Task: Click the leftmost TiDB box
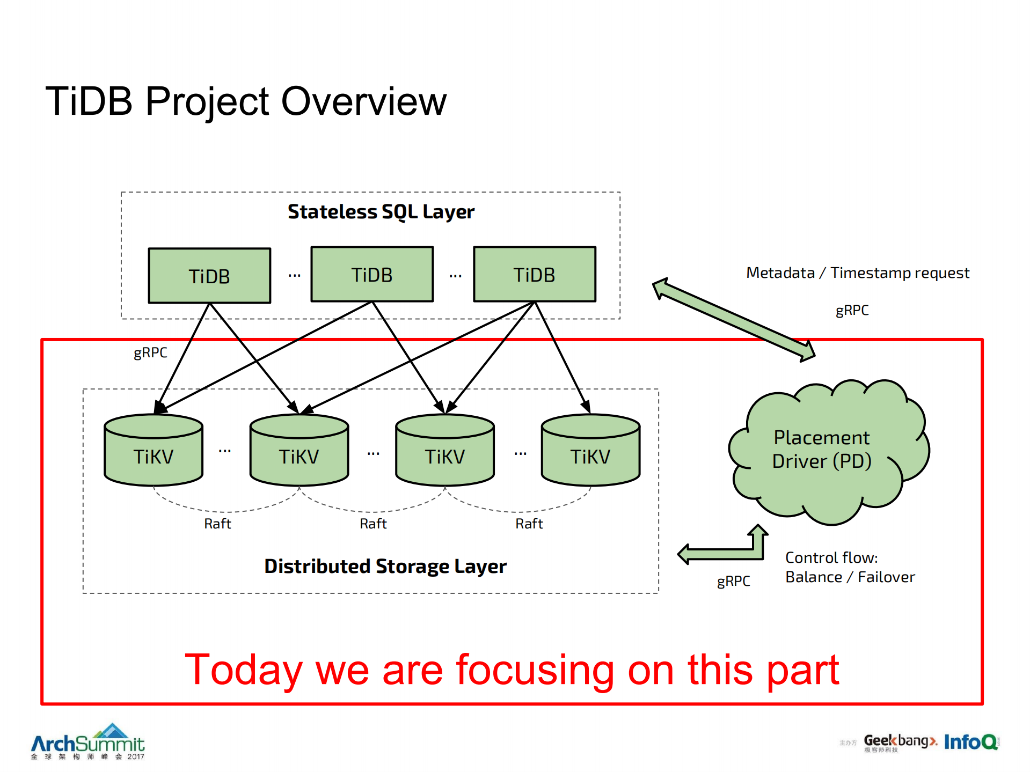pos(209,276)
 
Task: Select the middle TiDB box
pos(372,274)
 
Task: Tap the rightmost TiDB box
pos(535,274)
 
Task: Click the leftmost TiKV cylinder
pos(154,451)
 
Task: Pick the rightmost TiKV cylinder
pos(590,451)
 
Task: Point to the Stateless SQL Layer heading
pos(381,212)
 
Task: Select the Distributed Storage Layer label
pos(385,567)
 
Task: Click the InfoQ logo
pos(970,742)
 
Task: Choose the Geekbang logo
pos(900,742)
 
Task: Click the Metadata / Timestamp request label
pos(858,273)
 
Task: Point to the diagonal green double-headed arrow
pos(734,320)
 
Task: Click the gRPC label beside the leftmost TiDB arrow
pos(150,352)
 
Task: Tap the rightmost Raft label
pos(529,524)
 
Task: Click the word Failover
pos(886,577)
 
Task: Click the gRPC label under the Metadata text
pos(852,311)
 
